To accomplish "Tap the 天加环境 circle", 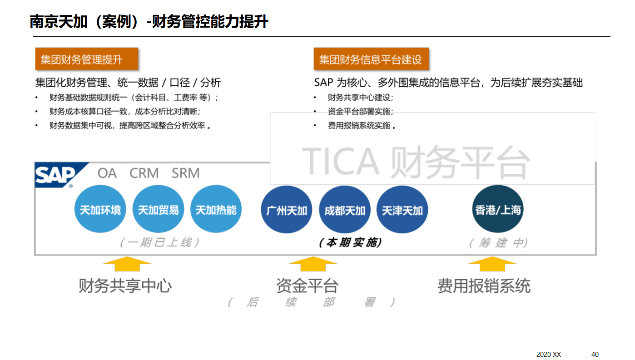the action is [100, 210].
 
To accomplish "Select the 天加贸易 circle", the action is [158, 210].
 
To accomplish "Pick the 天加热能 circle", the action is [216, 210].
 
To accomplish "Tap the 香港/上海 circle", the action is [498, 209].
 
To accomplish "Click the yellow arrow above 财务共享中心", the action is [127, 263].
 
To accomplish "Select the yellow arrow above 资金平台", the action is [313, 263].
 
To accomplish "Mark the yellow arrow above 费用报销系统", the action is [492, 263].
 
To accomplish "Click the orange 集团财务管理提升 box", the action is [86, 59].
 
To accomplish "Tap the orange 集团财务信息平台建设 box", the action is [371, 59].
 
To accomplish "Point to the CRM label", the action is [144, 173].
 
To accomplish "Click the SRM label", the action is [185, 173].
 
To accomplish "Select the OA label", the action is [107, 173].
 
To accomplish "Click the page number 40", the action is [595, 354].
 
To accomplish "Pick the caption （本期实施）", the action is [350, 242].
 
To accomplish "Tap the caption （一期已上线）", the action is [160, 242].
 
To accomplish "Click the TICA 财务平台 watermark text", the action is [416, 162].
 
